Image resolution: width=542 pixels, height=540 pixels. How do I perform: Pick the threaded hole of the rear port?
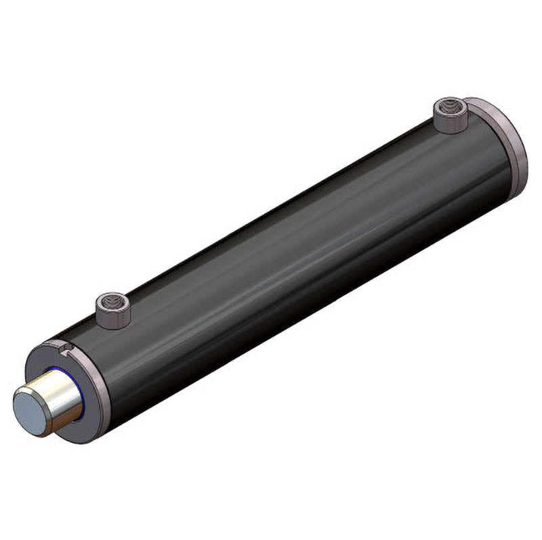click(x=451, y=108)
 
